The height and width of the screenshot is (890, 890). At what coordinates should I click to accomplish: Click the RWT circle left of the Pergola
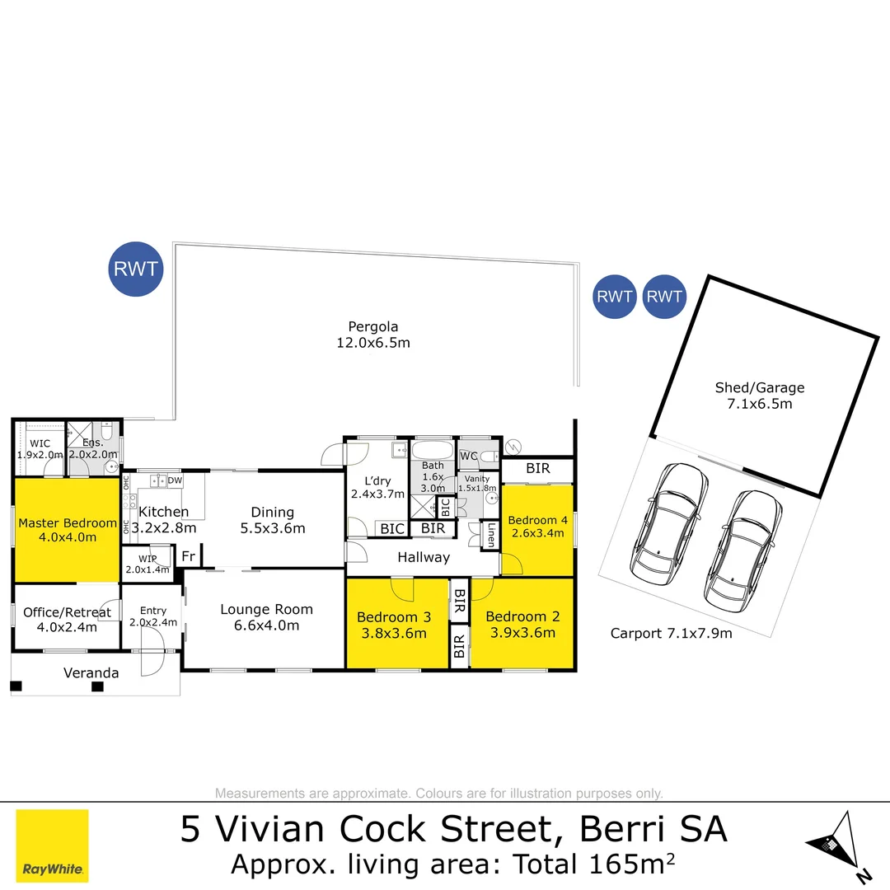[137, 269]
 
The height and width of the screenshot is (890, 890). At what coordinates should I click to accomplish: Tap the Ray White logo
[53, 845]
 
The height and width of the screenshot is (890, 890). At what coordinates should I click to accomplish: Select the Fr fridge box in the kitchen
[188, 556]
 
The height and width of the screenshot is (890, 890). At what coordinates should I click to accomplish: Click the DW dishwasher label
[175, 481]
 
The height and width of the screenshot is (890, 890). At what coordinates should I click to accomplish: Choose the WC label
[469, 456]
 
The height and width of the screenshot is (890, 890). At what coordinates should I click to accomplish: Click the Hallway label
[424, 558]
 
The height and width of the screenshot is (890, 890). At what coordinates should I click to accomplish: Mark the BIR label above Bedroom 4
[538, 469]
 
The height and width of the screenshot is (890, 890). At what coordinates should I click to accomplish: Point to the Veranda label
[91, 673]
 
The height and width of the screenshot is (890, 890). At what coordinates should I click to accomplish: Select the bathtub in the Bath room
[432, 452]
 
